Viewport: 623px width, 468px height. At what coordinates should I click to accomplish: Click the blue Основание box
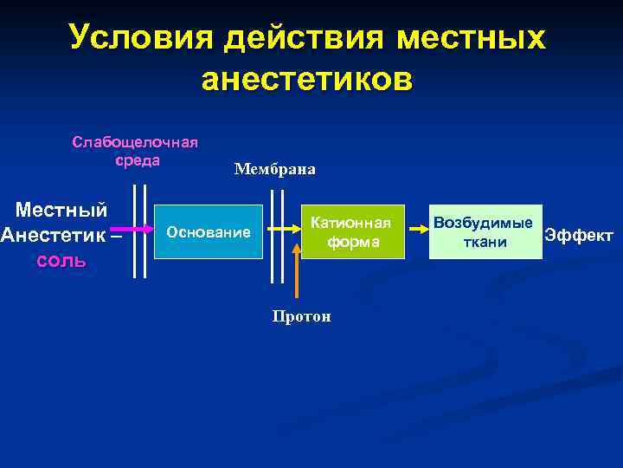coord(208,232)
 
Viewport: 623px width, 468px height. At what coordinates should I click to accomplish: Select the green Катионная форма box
coord(351,232)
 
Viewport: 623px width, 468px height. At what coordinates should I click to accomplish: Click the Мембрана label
coord(274,170)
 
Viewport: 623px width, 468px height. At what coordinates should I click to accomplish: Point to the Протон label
coord(301,316)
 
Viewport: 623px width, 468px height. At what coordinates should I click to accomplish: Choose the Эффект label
coord(578,235)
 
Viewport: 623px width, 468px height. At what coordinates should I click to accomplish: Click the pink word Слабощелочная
coord(135,142)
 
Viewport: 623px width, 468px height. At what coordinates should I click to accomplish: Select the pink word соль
coord(61,261)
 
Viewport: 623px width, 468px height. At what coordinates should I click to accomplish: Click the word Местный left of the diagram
coord(62,210)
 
